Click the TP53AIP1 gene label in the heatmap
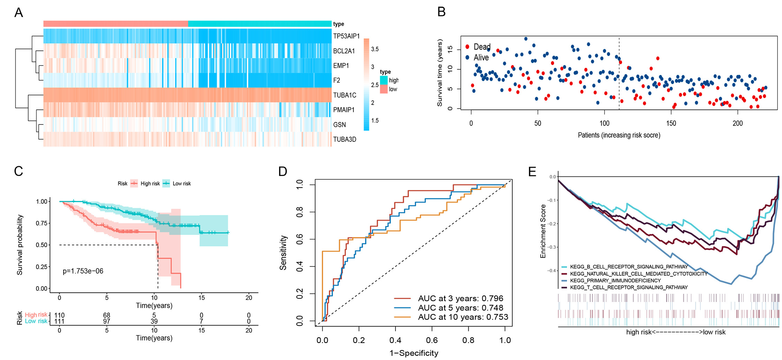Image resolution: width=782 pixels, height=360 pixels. pyautogui.click(x=346, y=36)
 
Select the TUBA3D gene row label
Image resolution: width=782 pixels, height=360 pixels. pyautogui.click(x=344, y=139)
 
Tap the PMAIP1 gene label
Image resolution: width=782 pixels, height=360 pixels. pyautogui.click(x=344, y=110)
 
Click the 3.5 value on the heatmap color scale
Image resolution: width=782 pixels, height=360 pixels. pyautogui.click(x=375, y=49)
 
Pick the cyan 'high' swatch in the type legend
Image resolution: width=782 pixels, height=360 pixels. pyautogui.click(x=384, y=80)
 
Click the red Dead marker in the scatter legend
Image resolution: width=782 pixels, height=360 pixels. pyautogui.click(x=467, y=47)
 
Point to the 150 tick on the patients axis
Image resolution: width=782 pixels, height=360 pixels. pyautogui.click(x=671, y=123)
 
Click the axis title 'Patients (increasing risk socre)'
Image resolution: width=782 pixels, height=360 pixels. pyautogui.click(x=619, y=135)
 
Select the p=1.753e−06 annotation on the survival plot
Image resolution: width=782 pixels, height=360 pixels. pyautogui.click(x=83, y=271)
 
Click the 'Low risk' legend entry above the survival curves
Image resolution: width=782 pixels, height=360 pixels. pyautogui.click(x=182, y=183)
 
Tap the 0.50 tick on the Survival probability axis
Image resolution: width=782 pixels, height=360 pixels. pyautogui.click(x=41, y=245)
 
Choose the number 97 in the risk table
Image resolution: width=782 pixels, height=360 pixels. pyautogui.click(x=107, y=321)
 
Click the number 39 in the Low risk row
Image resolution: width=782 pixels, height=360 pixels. pyautogui.click(x=154, y=321)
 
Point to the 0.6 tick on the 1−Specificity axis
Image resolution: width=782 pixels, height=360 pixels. pyautogui.click(x=432, y=340)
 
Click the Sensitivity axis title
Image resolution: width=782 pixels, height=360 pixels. pyautogui.click(x=283, y=253)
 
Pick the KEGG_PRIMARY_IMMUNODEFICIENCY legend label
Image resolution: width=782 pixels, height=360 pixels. pyautogui.click(x=615, y=281)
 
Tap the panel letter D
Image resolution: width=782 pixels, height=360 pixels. pyautogui.click(x=283, y=171)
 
